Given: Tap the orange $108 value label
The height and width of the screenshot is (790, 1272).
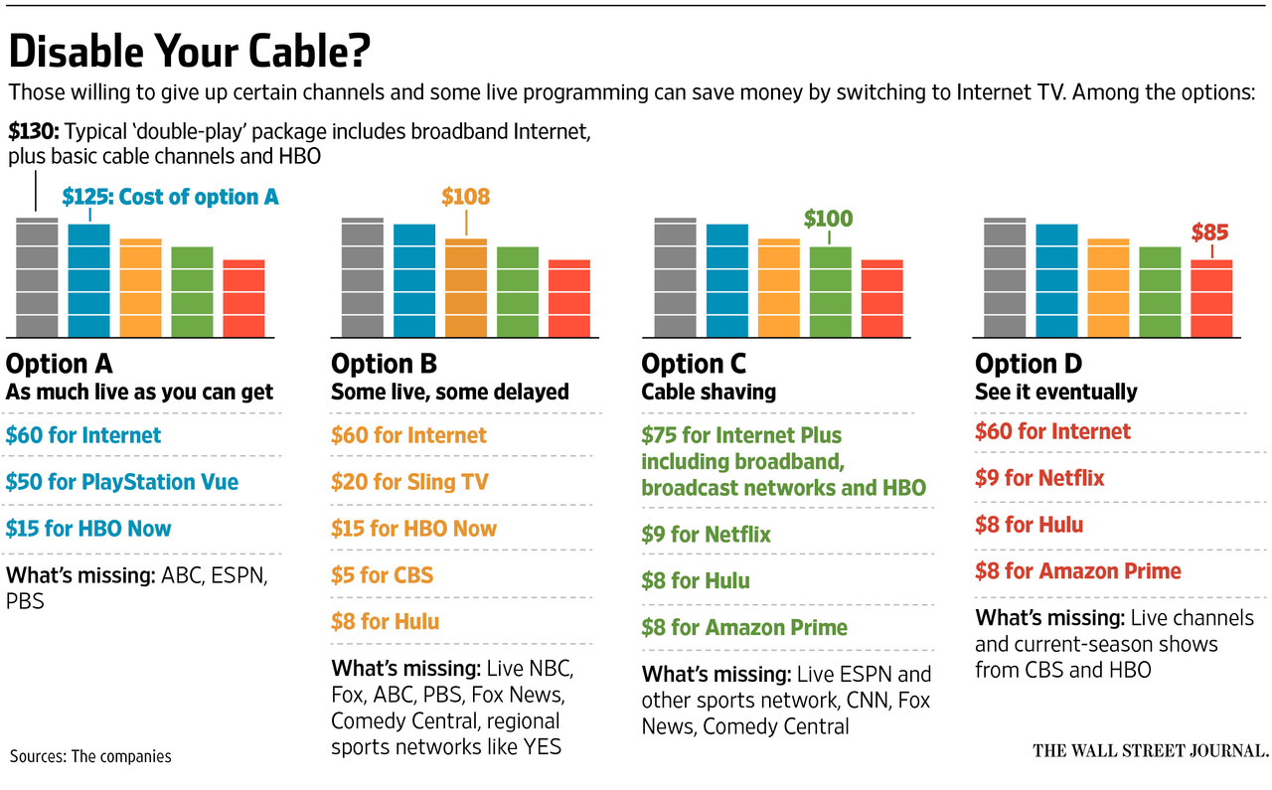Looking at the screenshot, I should pos(466,197).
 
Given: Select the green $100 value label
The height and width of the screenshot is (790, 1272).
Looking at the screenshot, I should pos(828,219).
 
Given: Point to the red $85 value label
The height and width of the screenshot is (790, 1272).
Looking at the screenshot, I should pos(1209,234).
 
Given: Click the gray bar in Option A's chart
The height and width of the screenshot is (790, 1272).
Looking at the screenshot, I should pos(37,277).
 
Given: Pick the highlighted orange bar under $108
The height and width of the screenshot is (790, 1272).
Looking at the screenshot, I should pos(466,288).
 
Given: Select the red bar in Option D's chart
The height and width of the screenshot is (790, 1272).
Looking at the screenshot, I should pos(1211,298).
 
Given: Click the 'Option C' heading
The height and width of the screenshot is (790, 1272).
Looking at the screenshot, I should pos(694,364).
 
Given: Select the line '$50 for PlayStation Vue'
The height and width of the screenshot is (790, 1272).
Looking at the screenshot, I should pos(121,482).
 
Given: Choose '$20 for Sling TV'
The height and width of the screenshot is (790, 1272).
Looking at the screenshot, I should pos(409,482).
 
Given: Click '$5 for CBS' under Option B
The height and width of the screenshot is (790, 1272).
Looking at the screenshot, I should pos(382,575).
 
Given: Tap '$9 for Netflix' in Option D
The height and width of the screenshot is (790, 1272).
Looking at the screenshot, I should pos(1039,478).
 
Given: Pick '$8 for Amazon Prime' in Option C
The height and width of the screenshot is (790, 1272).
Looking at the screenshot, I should pos(744,627).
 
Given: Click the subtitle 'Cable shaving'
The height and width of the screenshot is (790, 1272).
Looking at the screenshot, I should pos(709,392).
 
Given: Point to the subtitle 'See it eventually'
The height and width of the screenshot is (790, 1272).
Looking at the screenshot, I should pos(1055,392).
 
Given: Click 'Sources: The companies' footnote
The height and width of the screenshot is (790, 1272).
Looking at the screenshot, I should pos(90,756).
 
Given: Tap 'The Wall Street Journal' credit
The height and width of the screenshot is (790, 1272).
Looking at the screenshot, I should pos(1150,750).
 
